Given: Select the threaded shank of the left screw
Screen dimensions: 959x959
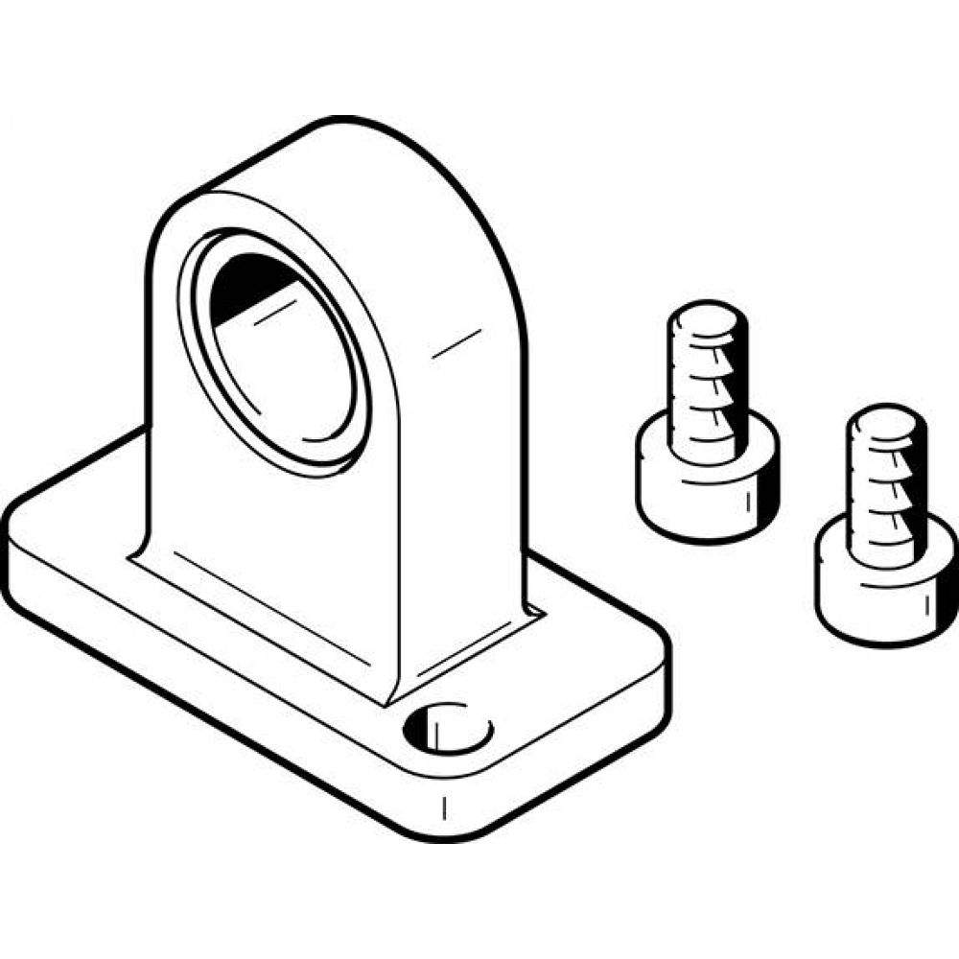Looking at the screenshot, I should click(707, 384).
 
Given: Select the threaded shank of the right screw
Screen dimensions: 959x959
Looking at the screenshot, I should click(884, 489).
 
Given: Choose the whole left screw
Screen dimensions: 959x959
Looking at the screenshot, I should click(707, 422).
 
